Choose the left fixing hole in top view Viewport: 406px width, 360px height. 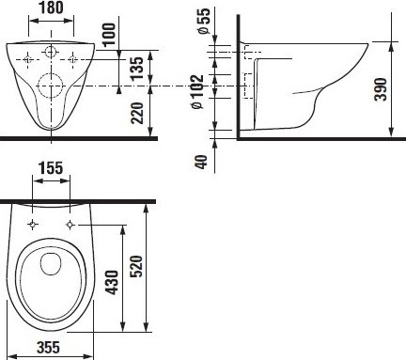pyautogui.click(x=34, y=224)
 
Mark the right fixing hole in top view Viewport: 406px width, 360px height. pyautogui.click(x=70, y=224)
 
